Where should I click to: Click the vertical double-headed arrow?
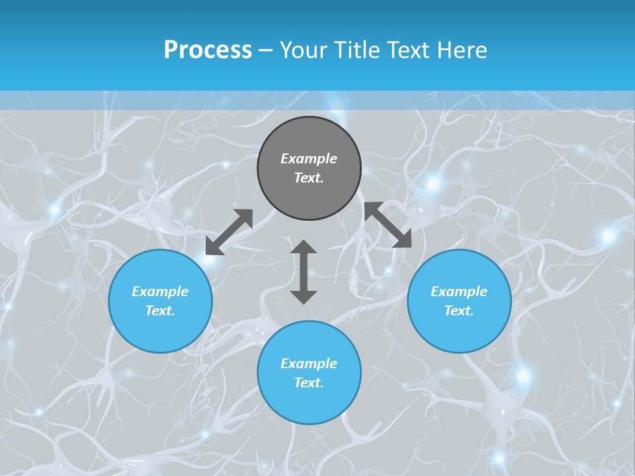tap(304, 272)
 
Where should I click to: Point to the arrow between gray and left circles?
tap(229, 232)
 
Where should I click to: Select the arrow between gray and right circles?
tap(388, 225)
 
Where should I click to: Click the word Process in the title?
tap(208, 50)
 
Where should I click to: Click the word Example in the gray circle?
tap(309, 159)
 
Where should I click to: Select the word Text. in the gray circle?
tap(309, 178)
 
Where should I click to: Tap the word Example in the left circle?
tap(160, 292)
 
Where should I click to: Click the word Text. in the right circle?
tap(459, 311)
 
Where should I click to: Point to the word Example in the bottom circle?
tap(309, 364)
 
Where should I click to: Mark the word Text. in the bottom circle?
tap(309, 383)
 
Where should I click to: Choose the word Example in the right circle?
tap(459, 292)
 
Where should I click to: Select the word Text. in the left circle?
tap(160, 311)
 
